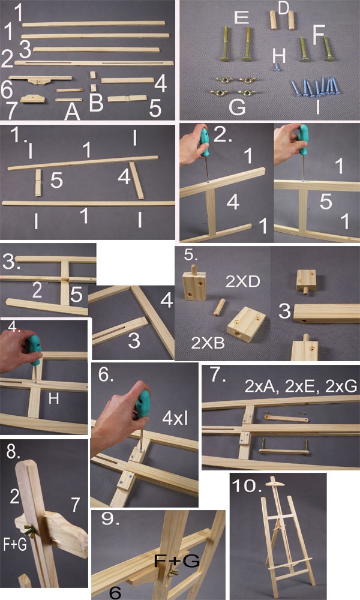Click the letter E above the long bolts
[x=241, y=17]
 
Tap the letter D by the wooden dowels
[x=283, y=8]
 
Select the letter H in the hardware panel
[x=279, y=56]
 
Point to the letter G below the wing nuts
[x=237, y=107]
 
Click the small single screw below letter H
[x=276, y=67]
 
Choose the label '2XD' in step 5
[x=242, y=281]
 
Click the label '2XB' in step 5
[x=208, y=343]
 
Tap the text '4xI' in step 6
[x=175, y=419]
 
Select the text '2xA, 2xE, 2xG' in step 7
[x=301, y=386]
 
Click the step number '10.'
[x=247, y=486]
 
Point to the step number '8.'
[x=14, y=452]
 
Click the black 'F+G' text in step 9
[x=177, y=561]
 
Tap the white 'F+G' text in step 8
[x=15, y=544]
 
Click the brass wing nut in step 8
[x=29, y=531]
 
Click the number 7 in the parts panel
[x=11, y=110]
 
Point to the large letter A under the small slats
[x=72, y=111]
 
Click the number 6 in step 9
[x=115, y=592]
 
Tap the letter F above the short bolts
[x=319, y=34]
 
